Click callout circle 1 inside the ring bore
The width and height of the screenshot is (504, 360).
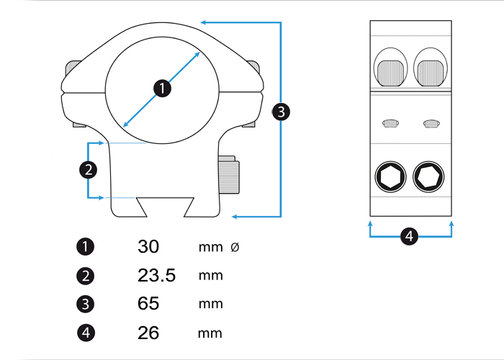[x=162, y=89]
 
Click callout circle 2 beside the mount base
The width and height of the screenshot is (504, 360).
[x=87, y=170]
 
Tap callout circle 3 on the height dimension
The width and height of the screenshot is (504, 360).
[x=281, y=112]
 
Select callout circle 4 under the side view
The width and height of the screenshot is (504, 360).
[x=409, y=236]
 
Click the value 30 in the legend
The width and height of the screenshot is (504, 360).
[x=148, y=246]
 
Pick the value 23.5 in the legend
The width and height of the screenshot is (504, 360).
[x=156, y=275]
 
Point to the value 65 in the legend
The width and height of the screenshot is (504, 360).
[x=148, y=304]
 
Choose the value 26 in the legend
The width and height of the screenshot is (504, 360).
[x=148, y=333]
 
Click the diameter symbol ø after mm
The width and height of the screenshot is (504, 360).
[x=235, y=247]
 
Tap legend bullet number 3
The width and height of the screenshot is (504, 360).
[x=85, y=305]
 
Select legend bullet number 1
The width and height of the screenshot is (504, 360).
[x=85, y=247]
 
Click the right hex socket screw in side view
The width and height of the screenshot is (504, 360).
[x=430, y=176]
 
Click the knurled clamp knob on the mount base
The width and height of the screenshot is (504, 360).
[x=229, y=176]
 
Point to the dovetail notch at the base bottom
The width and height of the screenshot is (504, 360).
[x=166, y=207]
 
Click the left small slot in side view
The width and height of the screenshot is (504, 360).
[x=390, y=123]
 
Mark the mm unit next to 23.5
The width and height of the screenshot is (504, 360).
[x=210, y=276]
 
